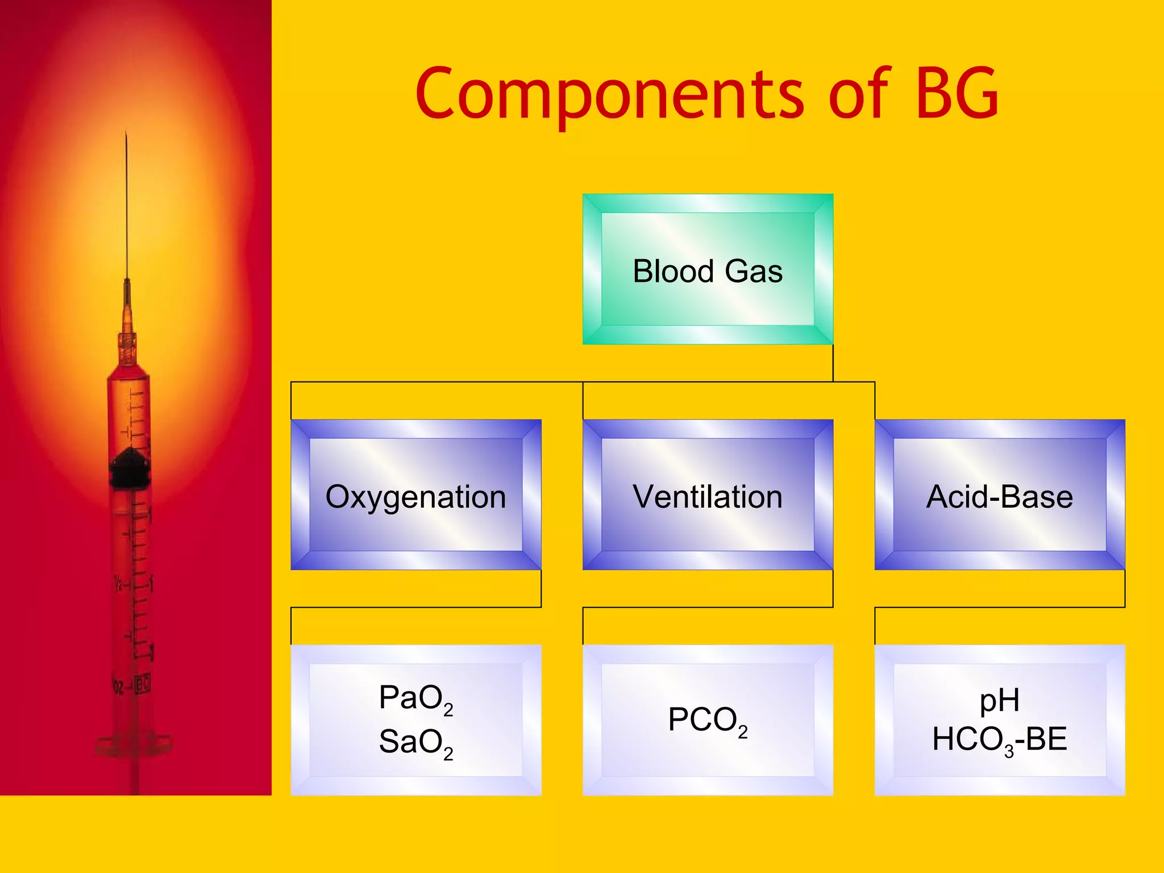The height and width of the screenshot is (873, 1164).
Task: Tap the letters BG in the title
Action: (x=957, y=94)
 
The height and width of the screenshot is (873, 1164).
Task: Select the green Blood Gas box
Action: (x=708, y=269)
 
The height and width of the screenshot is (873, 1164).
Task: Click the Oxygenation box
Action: (x=415, y=495)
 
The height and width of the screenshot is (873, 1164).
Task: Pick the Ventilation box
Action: (x=708, y=495)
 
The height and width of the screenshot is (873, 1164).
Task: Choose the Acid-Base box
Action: (x=1000, y=495)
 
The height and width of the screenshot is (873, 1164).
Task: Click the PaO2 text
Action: (x=415, y=699)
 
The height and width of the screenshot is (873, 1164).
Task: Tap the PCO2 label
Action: (x=708, y=721)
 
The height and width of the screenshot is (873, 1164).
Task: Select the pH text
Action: (x=999, y=700)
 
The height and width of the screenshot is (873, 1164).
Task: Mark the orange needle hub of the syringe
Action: (x=127, y=347)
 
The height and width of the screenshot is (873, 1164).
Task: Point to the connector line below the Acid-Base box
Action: (x=1125, y=589)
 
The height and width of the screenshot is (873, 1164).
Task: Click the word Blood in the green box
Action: (x=673, y=271)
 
